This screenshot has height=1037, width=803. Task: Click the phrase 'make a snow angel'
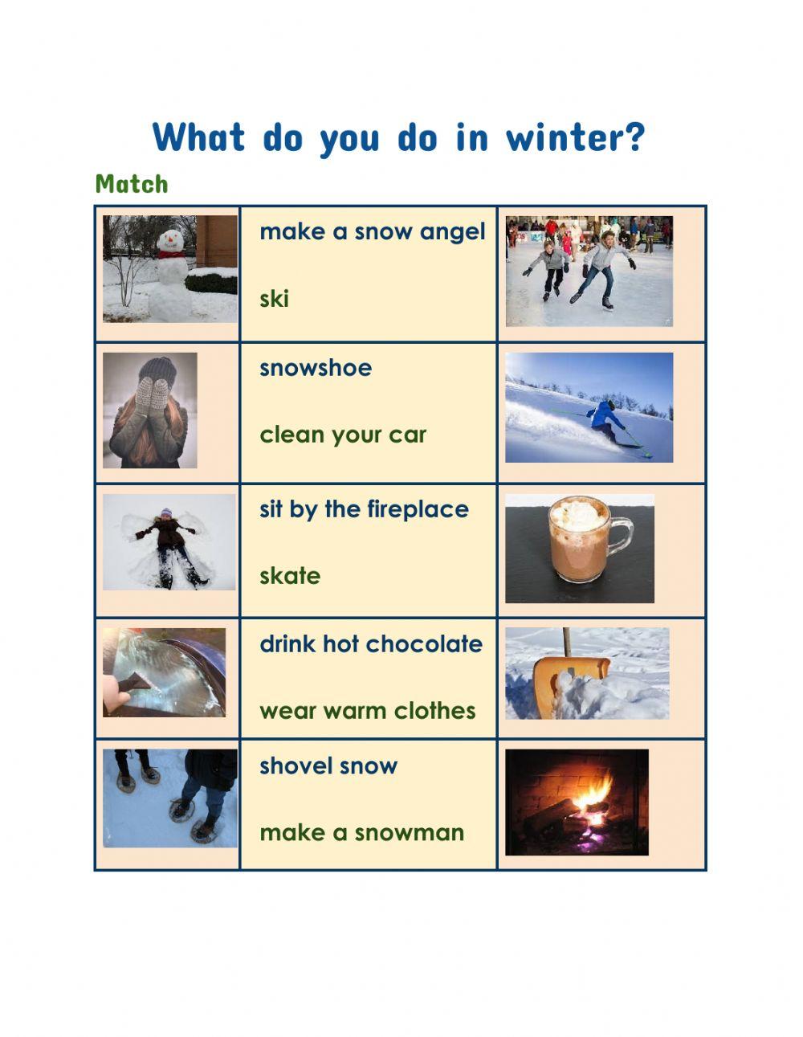click(x=373, y=232)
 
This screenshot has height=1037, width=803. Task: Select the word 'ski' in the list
click(x=274, y=299)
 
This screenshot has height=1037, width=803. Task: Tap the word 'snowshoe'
click(x=316, y=368)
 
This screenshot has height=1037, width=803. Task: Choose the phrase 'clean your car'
click(x=343, y=435)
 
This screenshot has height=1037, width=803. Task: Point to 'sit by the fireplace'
click(x=364, y=509)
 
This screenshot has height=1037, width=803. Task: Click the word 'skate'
click(x=290, y=576)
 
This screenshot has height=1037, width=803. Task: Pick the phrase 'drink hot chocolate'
click(x=371, y=644)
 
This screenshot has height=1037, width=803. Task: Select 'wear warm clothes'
click(x=368, y=711)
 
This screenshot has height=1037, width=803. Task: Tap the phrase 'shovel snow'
click(x=328, y=766)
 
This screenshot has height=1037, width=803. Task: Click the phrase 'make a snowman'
click(x=362, y=832)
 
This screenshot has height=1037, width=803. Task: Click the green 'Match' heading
click(x=132, y=184)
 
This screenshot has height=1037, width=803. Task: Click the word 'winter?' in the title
click(x=575, y=138)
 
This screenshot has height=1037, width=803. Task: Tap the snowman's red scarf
click(x=169, y=255)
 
